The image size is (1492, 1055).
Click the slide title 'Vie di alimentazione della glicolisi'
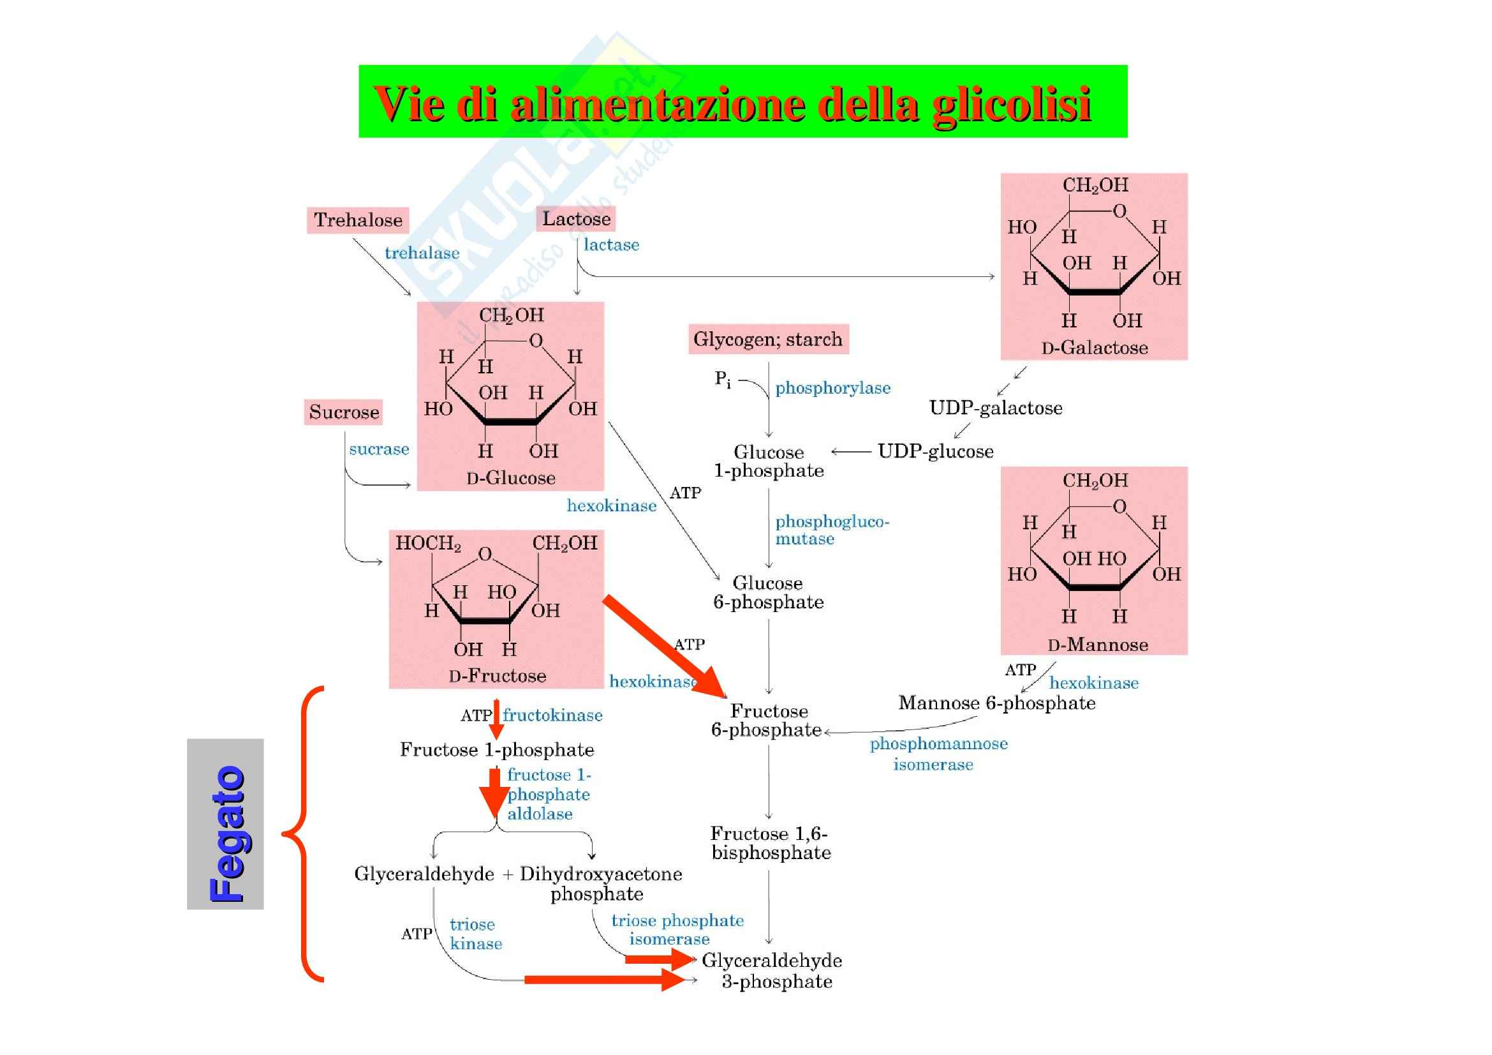(732, 103)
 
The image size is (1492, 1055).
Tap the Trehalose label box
(357, 220)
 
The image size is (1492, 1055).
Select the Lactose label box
(576, 218)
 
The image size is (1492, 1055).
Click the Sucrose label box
(344, 412)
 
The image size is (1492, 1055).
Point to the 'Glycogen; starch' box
(768, 340)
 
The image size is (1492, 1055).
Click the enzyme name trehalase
(422, 253)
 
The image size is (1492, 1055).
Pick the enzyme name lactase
(611, 245)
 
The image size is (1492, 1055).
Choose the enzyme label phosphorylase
(832, 388)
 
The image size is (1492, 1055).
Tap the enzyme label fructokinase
(552, 715)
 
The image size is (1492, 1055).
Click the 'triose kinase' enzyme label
(475, 934)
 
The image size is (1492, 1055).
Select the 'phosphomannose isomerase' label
(938, 753)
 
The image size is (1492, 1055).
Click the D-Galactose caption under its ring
(1095, 348)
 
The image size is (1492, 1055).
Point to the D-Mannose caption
(1097, 644)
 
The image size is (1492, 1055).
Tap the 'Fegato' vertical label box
(225, 823)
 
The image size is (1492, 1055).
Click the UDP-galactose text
(996, 408)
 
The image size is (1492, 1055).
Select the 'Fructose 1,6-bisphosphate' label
(771, 842)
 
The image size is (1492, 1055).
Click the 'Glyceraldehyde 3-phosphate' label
(771, 971)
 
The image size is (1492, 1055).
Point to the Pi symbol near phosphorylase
(722, 378)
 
